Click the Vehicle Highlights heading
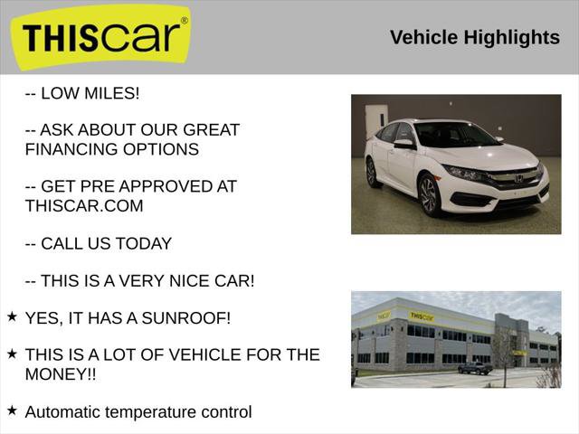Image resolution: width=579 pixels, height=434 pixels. (x=474, y=37)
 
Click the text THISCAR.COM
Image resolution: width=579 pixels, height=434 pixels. (x=84, y=205)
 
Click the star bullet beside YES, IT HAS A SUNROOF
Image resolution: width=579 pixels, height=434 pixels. (x=12, y=316)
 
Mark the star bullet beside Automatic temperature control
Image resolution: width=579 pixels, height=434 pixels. (x=12, y=410)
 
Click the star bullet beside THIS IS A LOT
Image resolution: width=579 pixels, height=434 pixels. (x=12, y=354)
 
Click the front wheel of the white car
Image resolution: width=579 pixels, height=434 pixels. (x=430, y=195)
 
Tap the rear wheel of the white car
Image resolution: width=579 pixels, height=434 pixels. (x=373, y=172)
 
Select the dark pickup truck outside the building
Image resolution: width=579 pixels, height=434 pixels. (x=475, y=367)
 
